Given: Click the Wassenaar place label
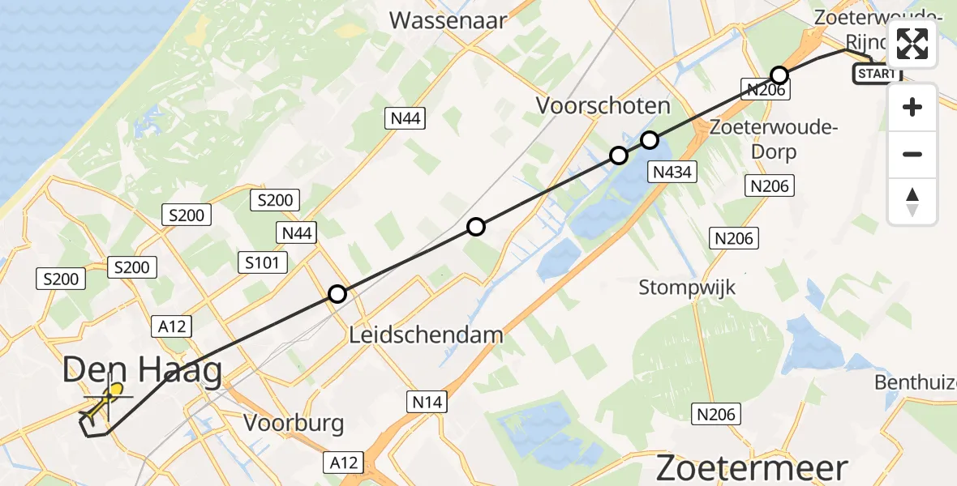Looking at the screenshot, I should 448,19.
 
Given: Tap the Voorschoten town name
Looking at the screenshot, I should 603,106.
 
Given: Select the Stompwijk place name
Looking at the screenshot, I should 687,288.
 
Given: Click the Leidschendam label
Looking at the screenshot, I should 426,334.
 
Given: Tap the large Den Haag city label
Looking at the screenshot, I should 142,372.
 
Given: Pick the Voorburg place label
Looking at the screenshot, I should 294,423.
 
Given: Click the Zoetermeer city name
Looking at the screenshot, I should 751,468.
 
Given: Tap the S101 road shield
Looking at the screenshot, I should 262,262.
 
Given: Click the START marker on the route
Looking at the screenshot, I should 877,74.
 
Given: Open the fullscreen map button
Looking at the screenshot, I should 912,44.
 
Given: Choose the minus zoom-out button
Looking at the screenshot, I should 912,154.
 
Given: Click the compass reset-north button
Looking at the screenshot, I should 912,202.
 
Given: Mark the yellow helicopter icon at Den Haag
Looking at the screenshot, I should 105,402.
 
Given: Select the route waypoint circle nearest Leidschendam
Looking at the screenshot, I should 337,295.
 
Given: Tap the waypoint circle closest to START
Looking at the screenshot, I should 779,76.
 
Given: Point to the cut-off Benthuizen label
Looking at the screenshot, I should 916,382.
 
